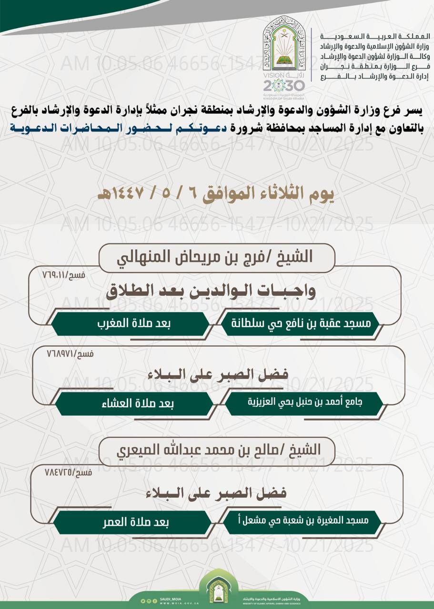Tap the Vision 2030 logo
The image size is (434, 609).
[x=284, y=84]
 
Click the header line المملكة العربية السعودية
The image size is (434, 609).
[x=376, y=37]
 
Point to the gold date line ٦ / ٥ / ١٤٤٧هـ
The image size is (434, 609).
[x=216, y=195]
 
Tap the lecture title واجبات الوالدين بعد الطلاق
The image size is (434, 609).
[x=211, y=291]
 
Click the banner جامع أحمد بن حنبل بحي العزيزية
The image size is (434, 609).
[x=305, y=403]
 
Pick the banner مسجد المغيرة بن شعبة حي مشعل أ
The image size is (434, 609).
[x=303, y=521]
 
